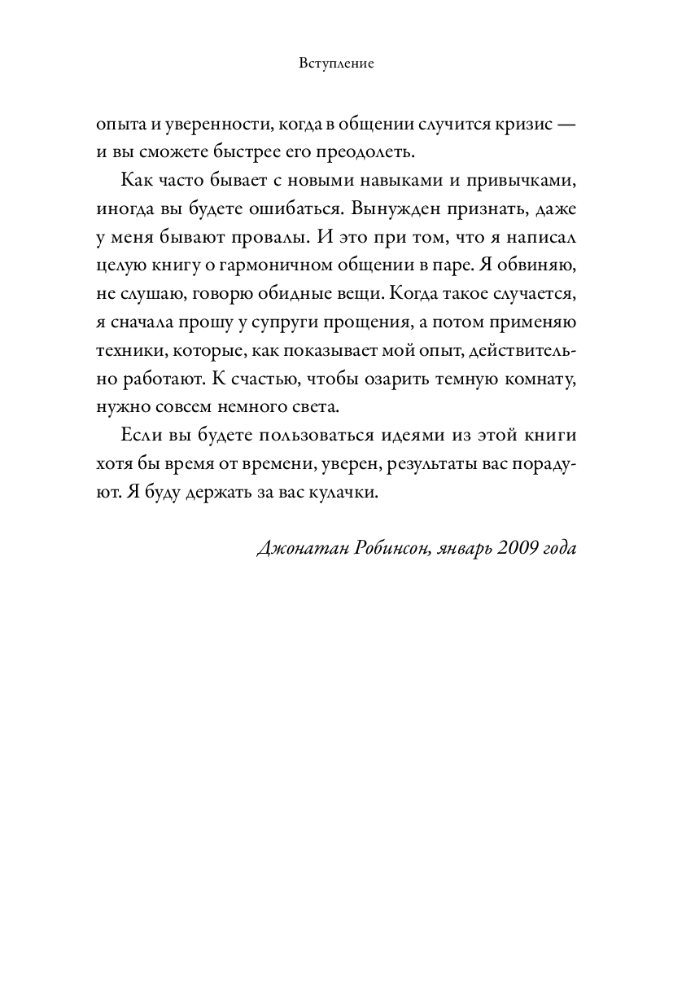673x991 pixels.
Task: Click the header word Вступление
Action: point(336,64)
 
